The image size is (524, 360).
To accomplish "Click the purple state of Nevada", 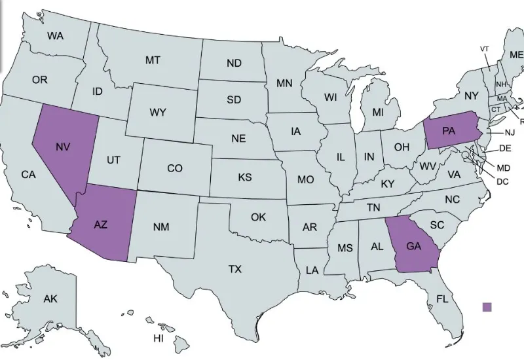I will click(x=62, y=147).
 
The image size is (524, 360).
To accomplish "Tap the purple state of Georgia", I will click(x=413, y=247).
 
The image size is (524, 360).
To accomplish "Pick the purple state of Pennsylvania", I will click(x=449, y=130).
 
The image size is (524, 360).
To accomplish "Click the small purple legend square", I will click(x=486, y=306).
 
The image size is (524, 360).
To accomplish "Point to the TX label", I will click(x=235, y=268).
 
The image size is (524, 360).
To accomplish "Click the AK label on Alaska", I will click(x=50, y=299).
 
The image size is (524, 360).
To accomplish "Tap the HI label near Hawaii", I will click(x=158, y=338).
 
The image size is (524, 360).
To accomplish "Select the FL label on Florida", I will click(x=443, y=300).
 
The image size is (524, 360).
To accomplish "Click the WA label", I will click(x=55, y=37).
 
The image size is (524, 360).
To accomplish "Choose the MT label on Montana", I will click(x=153, y=60).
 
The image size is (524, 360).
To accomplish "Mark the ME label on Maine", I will click(x=516, y=55).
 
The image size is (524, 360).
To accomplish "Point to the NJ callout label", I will click(x=510, y=133).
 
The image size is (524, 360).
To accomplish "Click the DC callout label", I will click(x=502, y=181).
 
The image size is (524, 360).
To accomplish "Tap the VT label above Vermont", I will click(x=485, y=49).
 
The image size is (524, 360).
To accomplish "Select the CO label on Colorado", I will click(x=175, y=168).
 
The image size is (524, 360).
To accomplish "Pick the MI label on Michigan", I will click(x=378, y=112).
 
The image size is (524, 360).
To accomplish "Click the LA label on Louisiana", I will click(x=312, y=270).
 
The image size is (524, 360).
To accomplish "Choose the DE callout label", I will click(x=505, y=149).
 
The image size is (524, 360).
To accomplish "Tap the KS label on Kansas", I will click(x=245, y=177).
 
